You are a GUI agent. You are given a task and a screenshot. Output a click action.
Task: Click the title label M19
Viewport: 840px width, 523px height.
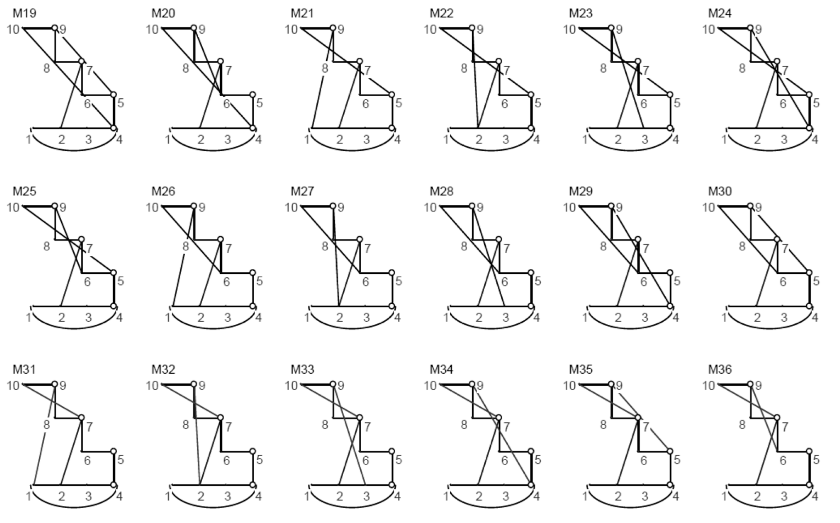[x=24, y=13]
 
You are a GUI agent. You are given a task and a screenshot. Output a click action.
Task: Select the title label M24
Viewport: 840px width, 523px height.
[x=720, y=13]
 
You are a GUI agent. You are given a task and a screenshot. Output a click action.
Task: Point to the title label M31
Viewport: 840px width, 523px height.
[x=24, y=369]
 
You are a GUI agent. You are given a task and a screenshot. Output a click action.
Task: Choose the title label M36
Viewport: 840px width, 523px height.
[x=720, y=369]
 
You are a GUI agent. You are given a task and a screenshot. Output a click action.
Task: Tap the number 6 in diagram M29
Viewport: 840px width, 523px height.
[x=643, y=282]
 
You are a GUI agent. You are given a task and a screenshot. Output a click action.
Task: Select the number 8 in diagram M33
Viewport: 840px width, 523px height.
[x=325, y=424]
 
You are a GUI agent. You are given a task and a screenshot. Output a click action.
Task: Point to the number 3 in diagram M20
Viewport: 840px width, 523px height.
[x=227, y=139]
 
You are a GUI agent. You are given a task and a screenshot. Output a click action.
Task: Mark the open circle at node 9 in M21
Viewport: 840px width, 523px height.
[x=333, y=28]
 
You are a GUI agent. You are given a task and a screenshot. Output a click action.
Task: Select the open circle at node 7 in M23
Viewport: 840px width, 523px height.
[x=638, y=61]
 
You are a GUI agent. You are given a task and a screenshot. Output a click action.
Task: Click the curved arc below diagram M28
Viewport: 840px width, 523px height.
[x=491, y=328]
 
